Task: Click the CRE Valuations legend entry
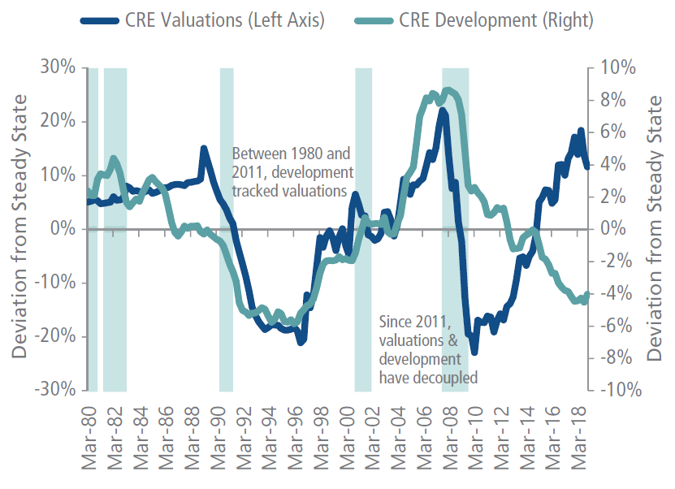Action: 202,20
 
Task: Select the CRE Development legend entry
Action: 474,20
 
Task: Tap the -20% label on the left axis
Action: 55,335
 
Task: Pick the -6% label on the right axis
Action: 617,326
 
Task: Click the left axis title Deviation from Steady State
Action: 19,227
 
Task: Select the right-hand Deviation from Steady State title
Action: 654,228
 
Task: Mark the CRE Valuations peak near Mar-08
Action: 443,110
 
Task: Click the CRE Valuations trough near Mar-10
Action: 474,352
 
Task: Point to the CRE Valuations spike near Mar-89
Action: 204,149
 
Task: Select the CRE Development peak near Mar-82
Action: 114,158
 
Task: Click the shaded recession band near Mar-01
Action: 363,230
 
